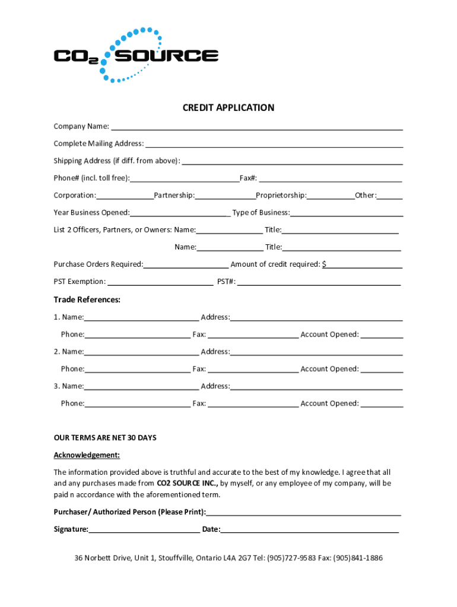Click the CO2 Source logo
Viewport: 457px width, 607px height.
tap(136, 55)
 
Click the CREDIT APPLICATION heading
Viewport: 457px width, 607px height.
tap(228, 108)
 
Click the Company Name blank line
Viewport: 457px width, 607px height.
tap(257, 127)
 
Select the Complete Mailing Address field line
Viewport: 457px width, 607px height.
tap(274, 144)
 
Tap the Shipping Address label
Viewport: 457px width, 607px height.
tap(116, 161)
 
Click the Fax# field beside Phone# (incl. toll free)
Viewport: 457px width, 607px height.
tap(331, 178)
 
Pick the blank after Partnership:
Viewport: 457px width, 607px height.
tap(225, 196)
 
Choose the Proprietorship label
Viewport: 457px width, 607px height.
tap(281, 196)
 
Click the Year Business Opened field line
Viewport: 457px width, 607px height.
tap(180, 213)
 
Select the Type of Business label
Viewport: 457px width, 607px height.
tap(261, 213)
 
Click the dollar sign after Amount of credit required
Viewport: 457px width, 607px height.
tap(324, 264)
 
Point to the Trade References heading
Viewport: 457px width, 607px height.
tap(87, 300)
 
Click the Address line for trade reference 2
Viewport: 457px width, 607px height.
tap(316, 352)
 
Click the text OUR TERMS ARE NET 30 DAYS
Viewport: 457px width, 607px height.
tap(105, 438)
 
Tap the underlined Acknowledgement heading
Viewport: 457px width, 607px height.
tap(87, 455)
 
